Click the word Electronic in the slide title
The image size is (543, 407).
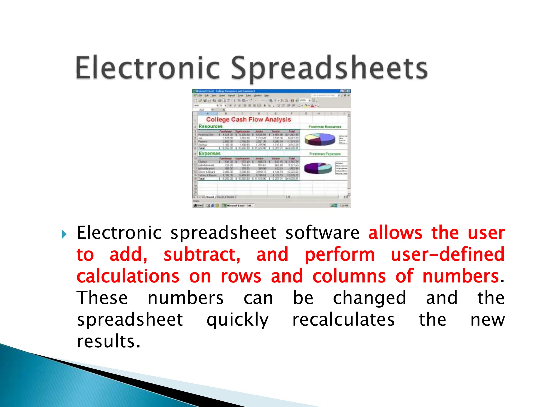[x=148, y=68]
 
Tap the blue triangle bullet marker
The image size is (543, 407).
[x=64, y=234]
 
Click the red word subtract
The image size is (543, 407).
[x=202, y=255]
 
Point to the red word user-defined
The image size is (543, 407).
[x=448, y=255]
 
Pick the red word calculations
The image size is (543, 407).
[x=128, y=276]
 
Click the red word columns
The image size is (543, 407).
[x=349, y=276]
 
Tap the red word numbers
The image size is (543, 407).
[x=461, y=276]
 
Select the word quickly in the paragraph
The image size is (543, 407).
[x=238, y=320]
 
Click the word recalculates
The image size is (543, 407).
[x=343, y=320]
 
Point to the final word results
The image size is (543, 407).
[x=108, y=342]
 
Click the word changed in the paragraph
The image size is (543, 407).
[x=369, y=298]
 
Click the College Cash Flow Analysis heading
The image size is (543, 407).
[x=248, y=120]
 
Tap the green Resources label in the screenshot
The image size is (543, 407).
[x=211, y=126]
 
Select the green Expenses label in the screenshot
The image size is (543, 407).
[x=209, y=153]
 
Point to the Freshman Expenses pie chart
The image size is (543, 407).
[x=318, y=168]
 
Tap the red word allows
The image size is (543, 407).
[x=395, y=233]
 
